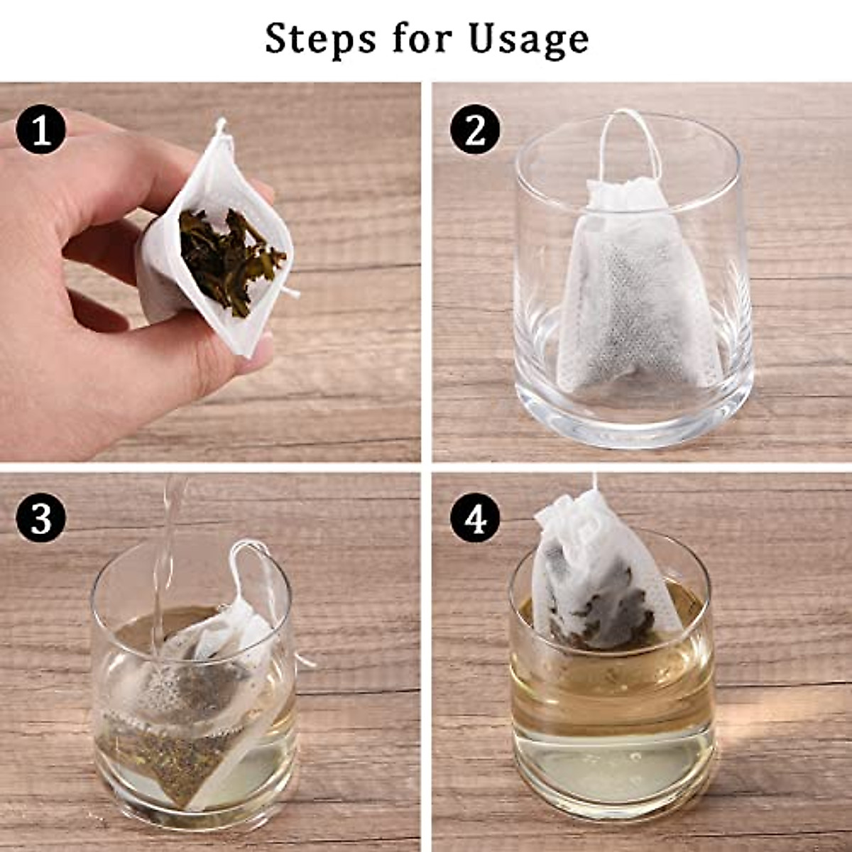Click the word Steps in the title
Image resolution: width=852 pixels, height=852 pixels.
(320, 38)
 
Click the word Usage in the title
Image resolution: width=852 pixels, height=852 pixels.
(528, 38)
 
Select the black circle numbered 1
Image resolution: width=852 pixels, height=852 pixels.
(41, 131)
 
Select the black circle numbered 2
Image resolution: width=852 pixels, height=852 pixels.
(475, 131)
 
